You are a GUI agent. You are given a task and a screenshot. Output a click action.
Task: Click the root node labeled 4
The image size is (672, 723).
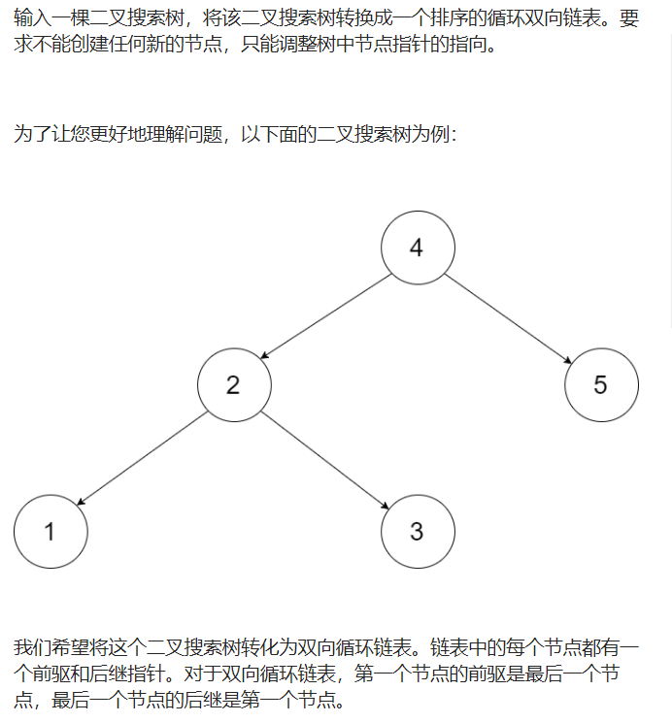418,247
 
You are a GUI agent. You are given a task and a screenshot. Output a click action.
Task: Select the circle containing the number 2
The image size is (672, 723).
233,384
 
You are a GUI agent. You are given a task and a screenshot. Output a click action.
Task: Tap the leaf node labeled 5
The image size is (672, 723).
601,384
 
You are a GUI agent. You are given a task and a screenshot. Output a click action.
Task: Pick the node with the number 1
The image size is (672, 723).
50,531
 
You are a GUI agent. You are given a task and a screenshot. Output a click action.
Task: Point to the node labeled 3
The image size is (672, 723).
418,531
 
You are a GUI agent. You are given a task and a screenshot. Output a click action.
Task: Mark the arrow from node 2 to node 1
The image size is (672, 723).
142,458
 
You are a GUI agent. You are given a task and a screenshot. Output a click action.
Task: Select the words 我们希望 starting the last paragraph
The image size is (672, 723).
52,647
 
